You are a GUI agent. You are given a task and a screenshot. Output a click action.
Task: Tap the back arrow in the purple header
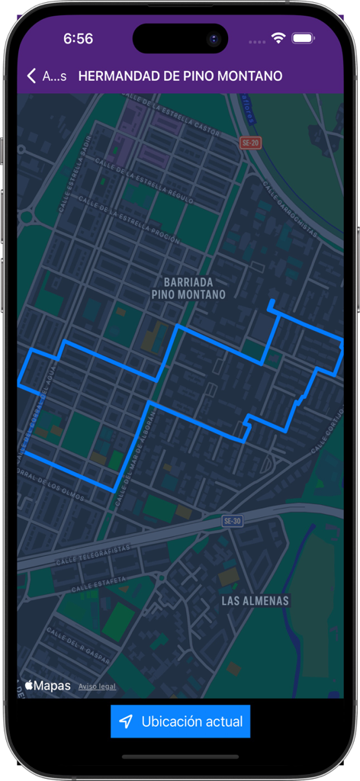pos(32,76)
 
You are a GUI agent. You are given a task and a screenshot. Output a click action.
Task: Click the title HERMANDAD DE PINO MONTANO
pos(180,76)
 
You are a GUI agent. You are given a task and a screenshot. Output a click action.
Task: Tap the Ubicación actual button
pos(180,722)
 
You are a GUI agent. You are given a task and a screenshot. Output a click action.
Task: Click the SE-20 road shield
pos(250,143)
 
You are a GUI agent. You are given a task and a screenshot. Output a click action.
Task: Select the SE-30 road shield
pos(232,521)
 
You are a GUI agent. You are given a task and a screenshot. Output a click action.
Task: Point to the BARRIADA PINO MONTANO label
pos(189,288)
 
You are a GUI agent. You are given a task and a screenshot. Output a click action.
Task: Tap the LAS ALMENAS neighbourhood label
pos(255,601)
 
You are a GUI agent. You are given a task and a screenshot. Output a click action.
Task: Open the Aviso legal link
pos(97,686)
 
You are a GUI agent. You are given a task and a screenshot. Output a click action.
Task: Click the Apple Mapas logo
pos(48,686)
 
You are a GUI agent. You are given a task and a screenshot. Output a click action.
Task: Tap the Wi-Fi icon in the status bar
pos(278,38)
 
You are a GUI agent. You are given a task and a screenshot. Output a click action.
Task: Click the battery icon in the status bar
pos(304,38)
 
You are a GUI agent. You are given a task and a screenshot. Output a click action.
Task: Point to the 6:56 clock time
pos(78,38)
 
